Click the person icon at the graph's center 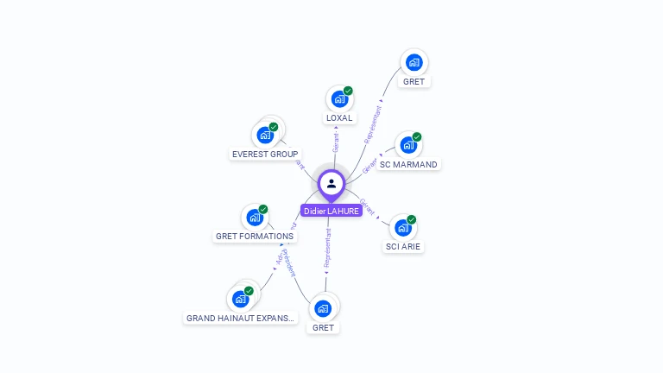tap(331, 183)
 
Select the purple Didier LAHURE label tap(331, 211)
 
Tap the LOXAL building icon tap(339, 99)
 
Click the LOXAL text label tap(339, 117)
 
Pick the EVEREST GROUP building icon tap(264, 136)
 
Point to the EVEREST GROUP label tap(265, 155)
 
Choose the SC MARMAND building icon tap(408, 145)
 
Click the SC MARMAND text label tap(408, 164)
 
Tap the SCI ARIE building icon tap(403, 228)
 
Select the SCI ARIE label tap(404, 246)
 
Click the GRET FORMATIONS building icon tap(255, 218)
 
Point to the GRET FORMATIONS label tap(255, 236)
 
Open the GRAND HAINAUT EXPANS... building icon tap(240, 299)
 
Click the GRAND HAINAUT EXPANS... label tap(241, 318)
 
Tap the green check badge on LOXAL tap(348, 91)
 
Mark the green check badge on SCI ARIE tap(412, 219)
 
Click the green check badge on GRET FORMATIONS tap(263, 209)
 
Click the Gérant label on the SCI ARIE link tap(367, 206)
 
